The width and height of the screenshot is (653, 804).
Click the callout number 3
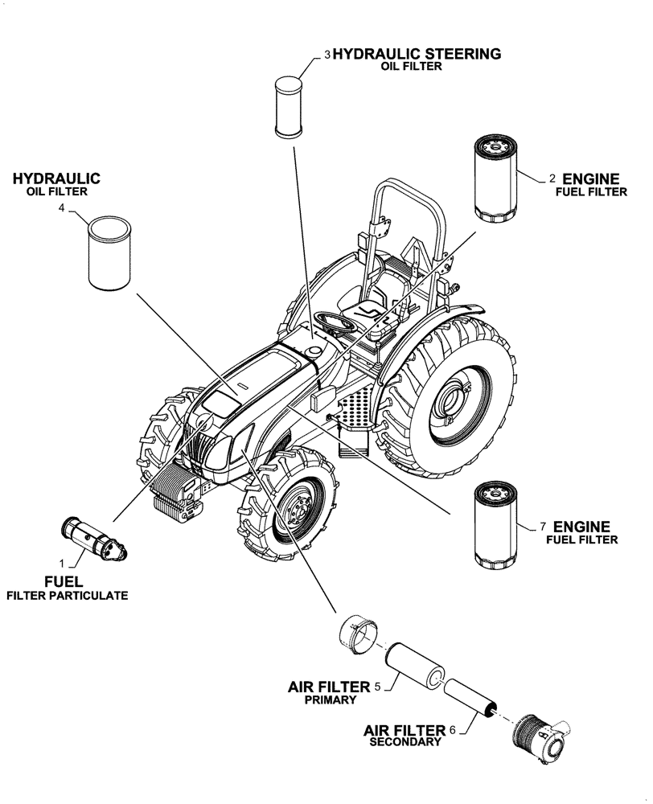[327, 55]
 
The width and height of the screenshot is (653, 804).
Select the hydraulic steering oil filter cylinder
[288, 105]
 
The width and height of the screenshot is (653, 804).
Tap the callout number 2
[552, 178]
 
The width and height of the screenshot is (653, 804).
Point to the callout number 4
[62, 208]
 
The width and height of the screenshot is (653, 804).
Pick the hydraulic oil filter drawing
[108, 252]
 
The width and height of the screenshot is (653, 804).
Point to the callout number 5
[377, 687]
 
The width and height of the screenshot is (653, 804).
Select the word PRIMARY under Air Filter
[330, 700]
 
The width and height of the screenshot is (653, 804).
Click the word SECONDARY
[405, 742]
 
